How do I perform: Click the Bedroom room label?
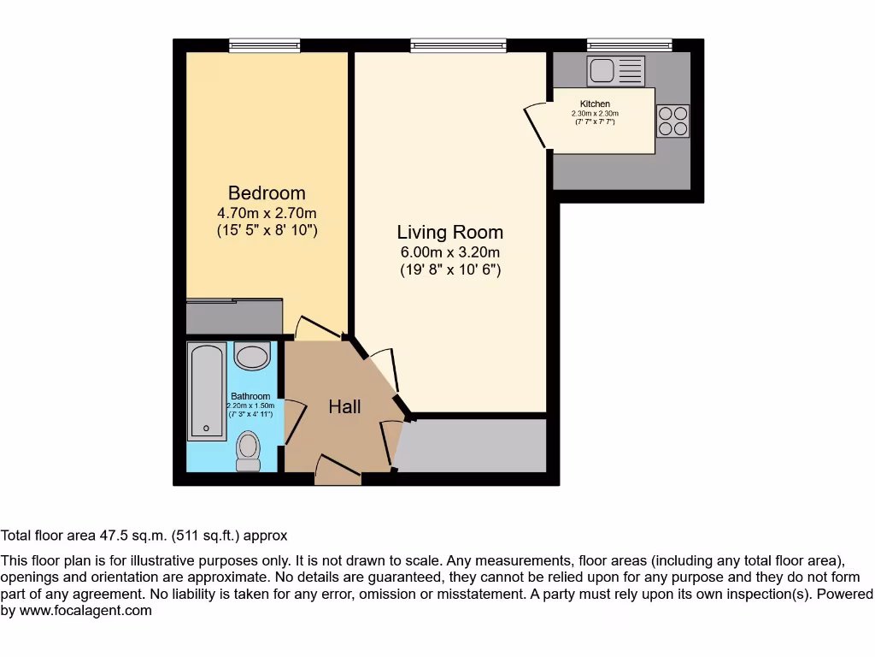tap(267, 192)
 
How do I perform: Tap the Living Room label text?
tap(449, 232)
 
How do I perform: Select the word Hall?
tap(344, 406)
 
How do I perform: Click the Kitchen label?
tap(595, 104)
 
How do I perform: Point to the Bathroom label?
tap(250, 396)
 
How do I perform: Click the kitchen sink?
tap(615, 71)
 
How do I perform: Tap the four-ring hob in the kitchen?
tap(672, 121)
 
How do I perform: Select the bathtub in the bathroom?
tap(207, 392)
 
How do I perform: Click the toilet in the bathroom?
tap(249, 452)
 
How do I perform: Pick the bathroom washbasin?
tap(252, 356)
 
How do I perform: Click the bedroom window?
tap(265, 45)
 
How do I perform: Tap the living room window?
tap(458, 45)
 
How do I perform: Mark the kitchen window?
tap(630, 44)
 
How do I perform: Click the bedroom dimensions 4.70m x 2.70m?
tap(267, 213)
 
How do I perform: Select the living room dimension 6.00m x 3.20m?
tap(449, 252)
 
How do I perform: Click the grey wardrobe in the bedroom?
tap(234, 317)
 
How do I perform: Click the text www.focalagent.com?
tap(86, 611)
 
